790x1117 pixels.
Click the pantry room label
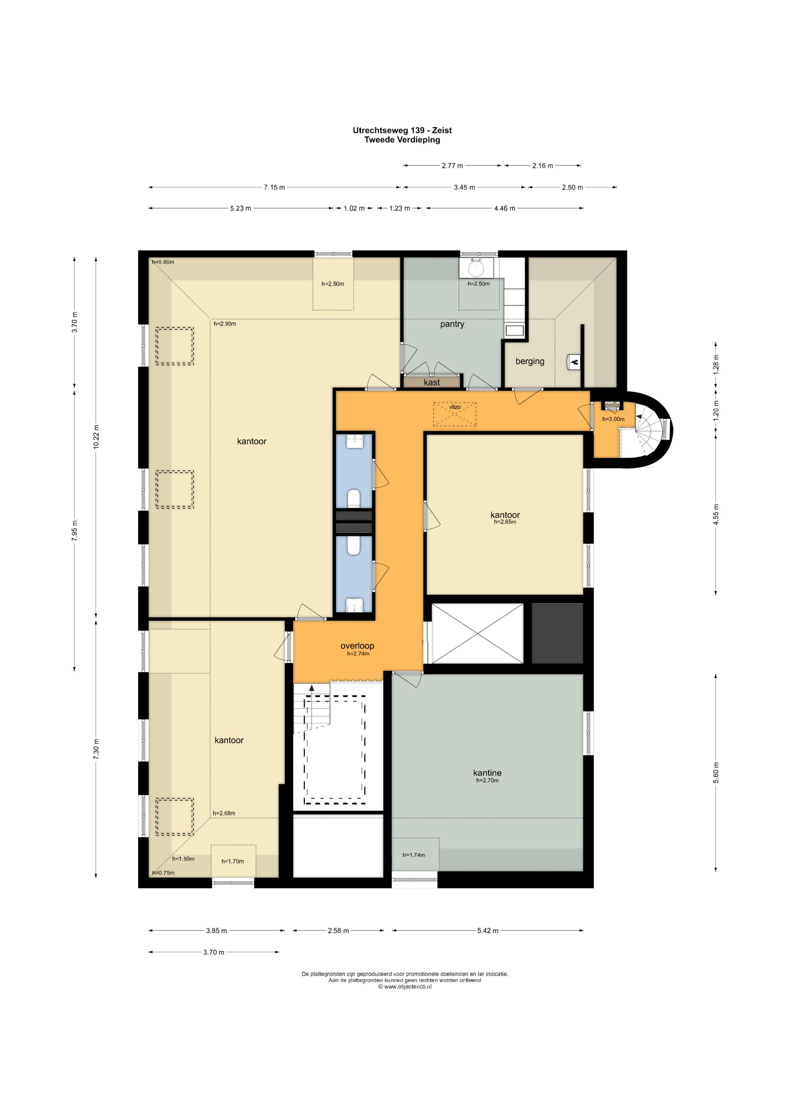pyautogui.click(x=452, y=325)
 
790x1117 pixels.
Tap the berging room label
pyautogui.click(x=530, y=362)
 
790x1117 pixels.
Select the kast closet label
pyautogui.click(x=431, y=382)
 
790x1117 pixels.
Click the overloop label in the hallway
pyautogui.click(x=357, y=646)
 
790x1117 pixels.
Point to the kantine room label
pyautogui.click(x=487, y=773)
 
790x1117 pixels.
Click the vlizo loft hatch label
pyautogui.click(x=455, y=407)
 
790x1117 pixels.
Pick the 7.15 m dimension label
pyautogui.click(x=274, y=187)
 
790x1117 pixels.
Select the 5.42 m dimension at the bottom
pyautogui.click(x=487, y=931)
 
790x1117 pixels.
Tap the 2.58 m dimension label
pyautogui.click(x=338, y=931)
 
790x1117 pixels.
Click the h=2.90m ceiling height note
pyautogui.click(x=225, y=324)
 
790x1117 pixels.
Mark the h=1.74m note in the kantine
pyautogui.click(x=414, y=855)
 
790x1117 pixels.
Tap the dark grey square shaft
pyautogui.click(x=557, y=633)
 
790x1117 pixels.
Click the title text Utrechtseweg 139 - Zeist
pyautogui.click(x=402, y=130)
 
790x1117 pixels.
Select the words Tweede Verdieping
pyautogui.click(x=402, y=140)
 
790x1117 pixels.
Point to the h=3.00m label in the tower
pyautogui.click(x=614, y=419)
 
